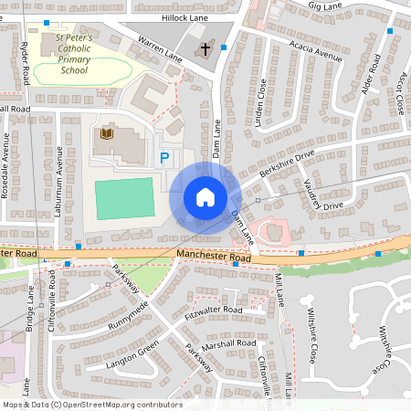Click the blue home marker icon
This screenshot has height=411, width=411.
click(x=205, y=197)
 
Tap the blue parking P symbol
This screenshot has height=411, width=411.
click(x=165, y=158)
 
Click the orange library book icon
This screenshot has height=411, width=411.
click(x=106, y=135)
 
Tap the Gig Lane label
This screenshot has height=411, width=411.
click(x=324, y=5)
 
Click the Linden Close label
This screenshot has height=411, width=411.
click(x=260, y=102)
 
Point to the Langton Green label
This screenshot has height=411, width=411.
click(x=134, y=345)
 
